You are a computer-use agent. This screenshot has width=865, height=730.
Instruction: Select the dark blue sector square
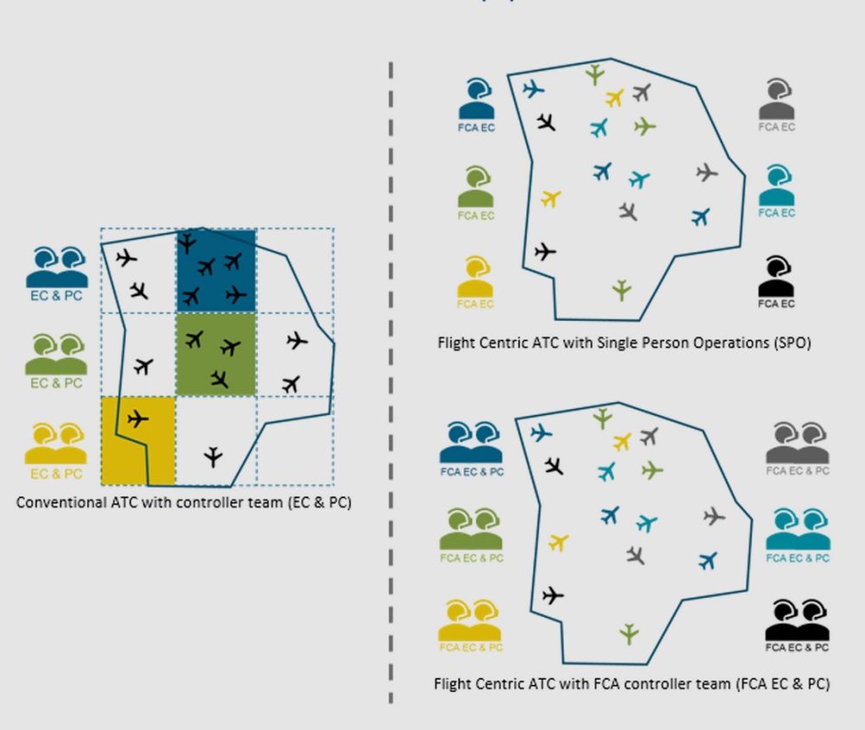click(215, 271)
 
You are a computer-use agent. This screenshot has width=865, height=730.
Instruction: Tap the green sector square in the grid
click(215, 355)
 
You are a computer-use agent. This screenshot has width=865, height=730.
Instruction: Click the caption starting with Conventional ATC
click(183, 503)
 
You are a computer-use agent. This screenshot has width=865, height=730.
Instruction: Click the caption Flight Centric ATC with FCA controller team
click(631, 684)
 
